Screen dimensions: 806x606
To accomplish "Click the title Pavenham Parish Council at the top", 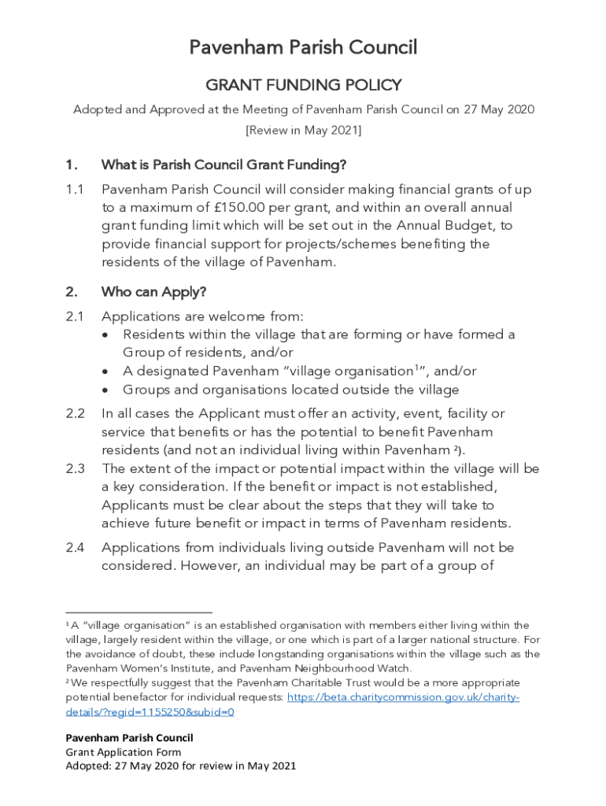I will tap(303, 48).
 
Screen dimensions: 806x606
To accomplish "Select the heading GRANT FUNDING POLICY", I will tap(303, 85).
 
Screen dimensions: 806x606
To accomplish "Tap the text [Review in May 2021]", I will tap(303, 130).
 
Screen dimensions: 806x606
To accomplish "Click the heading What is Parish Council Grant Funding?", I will tap(224, 165).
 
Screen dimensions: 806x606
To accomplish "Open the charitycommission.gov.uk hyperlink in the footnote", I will tap(403, 697).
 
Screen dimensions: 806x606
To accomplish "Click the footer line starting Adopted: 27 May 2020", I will tap(181, 766).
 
